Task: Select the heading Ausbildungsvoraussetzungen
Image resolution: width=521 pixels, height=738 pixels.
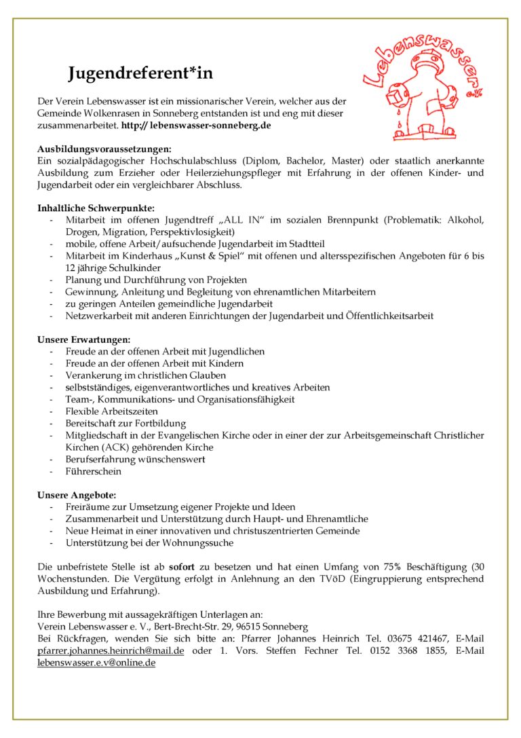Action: (104, 148)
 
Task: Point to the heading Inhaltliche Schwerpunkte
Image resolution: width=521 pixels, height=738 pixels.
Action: (96, 208)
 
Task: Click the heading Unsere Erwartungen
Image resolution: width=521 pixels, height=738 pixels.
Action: (83, 339)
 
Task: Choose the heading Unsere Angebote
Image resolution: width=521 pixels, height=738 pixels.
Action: (77, 495)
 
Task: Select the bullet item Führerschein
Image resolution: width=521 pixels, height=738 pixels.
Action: (94, 471)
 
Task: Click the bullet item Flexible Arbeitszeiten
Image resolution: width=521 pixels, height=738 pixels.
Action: (112, 411)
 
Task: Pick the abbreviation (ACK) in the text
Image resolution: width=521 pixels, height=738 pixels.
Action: (119, 447)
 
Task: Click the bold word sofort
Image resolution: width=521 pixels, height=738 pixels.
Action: (182, 566)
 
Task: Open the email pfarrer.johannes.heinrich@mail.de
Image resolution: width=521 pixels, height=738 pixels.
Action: (111, 650)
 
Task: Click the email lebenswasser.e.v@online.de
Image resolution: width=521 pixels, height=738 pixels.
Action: (96, 663)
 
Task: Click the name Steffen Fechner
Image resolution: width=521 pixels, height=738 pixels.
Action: (305, 650)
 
